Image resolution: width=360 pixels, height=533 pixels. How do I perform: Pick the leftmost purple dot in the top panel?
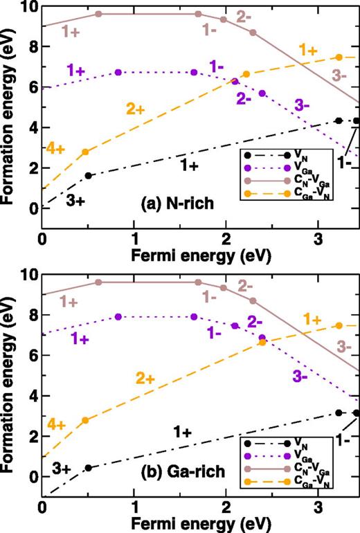pos(118,73)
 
